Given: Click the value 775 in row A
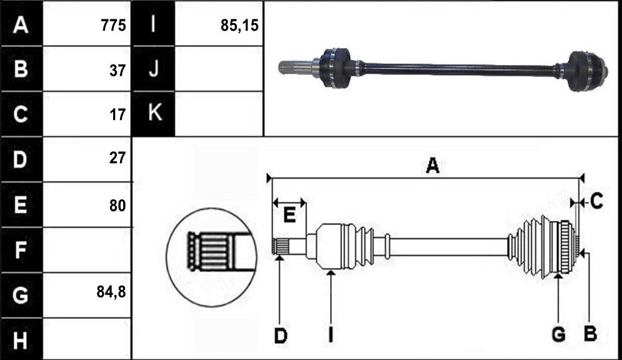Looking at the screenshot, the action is pos(113,26).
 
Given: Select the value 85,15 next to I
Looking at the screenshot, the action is pos(239,26).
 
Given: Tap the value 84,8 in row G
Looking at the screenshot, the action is pos(111,292).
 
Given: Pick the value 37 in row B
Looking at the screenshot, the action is pos(118,71).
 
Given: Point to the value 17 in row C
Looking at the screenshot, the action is pos(118,115).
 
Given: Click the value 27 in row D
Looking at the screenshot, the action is pos(118,157).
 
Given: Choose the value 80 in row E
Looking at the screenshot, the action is pos(118,206).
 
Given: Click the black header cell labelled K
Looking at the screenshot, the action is pos(153,114).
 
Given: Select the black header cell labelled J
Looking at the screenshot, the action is pos(153,69).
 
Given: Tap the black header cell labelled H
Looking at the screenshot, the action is pos(21,339).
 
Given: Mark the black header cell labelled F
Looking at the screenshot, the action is pos(21,250).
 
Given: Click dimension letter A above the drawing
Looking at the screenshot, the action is pos(433,166).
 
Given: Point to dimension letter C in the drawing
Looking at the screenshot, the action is pos(596,201).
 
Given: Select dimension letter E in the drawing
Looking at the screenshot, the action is pos(289,216).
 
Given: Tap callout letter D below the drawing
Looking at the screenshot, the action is pos(281,336).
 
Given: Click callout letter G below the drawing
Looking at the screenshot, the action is pos(558,335).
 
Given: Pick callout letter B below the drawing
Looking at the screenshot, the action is pos(590,333).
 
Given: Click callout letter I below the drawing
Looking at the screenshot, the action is pos(331,334).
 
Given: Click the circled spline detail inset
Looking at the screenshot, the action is pos(211,257).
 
